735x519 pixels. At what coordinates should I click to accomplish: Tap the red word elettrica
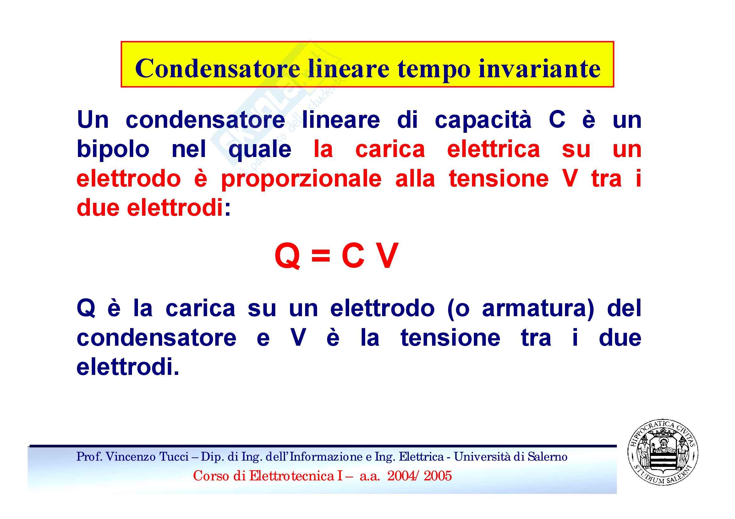(x=494, y=149)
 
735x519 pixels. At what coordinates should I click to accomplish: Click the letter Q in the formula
(x=287, y=256)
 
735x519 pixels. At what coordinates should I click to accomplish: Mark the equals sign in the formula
(x=321, y=256)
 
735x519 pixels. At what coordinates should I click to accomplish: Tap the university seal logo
(x=662, y=453)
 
